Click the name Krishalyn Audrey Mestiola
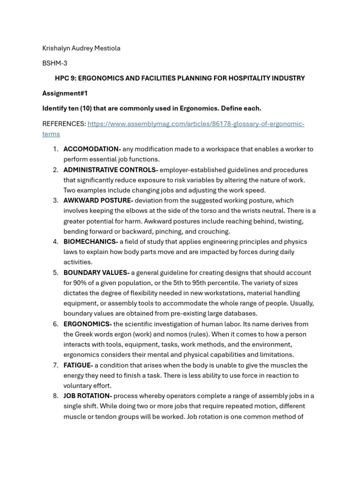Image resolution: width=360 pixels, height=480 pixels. click(81, 48)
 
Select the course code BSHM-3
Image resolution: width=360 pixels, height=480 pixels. click(55, 63)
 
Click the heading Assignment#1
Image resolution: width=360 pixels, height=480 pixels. click(65, 93)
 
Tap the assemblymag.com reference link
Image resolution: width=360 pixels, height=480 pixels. click(195, 124)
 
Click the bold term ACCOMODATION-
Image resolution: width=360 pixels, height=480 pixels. click(92, 149)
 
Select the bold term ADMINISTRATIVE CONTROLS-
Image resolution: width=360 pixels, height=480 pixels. click(111, 170)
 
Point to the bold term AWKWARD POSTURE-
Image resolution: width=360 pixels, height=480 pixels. click(98, 200)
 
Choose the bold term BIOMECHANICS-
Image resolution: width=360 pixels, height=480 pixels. click(90, 241)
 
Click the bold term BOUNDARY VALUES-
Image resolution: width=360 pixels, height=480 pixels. click(97, 272)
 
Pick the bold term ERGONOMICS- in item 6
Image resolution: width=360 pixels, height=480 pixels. click(88, 324)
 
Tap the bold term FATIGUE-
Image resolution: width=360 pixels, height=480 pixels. click(78, 365)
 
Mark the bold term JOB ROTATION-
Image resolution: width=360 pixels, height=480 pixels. click(88, 396)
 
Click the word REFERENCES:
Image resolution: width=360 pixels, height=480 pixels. click(64, 124)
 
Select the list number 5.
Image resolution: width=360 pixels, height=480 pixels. click(55, 272)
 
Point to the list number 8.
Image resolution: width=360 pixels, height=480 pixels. click(55, 396)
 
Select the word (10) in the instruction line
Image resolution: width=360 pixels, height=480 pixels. click(85, 108)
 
